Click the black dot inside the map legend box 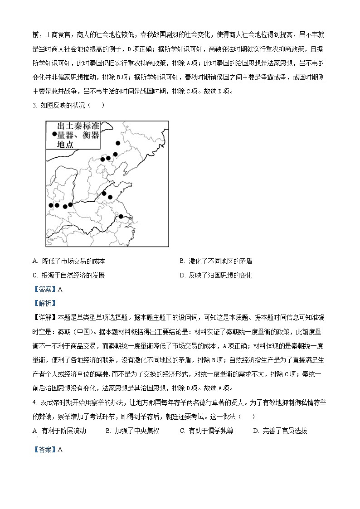[54, 134]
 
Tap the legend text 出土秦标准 [78, 126]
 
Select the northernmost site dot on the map [118, 143]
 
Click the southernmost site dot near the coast [121, 217]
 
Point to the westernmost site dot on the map [51, 205]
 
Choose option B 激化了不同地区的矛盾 [216, 261]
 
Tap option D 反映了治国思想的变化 [216, 275]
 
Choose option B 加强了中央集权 [132, 431]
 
